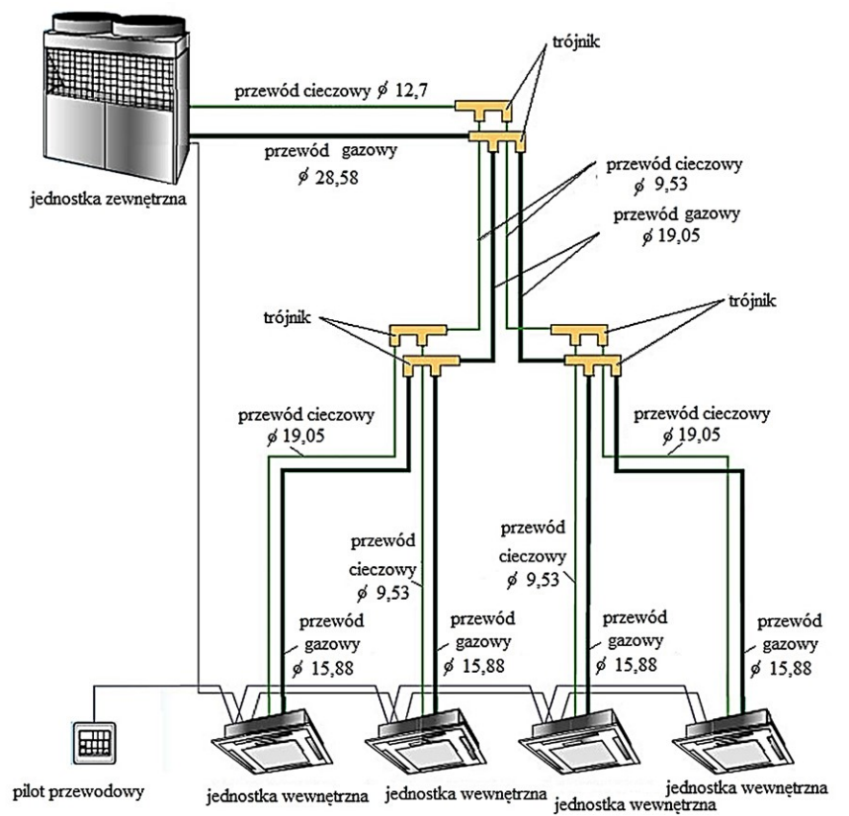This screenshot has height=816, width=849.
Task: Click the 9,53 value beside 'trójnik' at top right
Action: point(667,182)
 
